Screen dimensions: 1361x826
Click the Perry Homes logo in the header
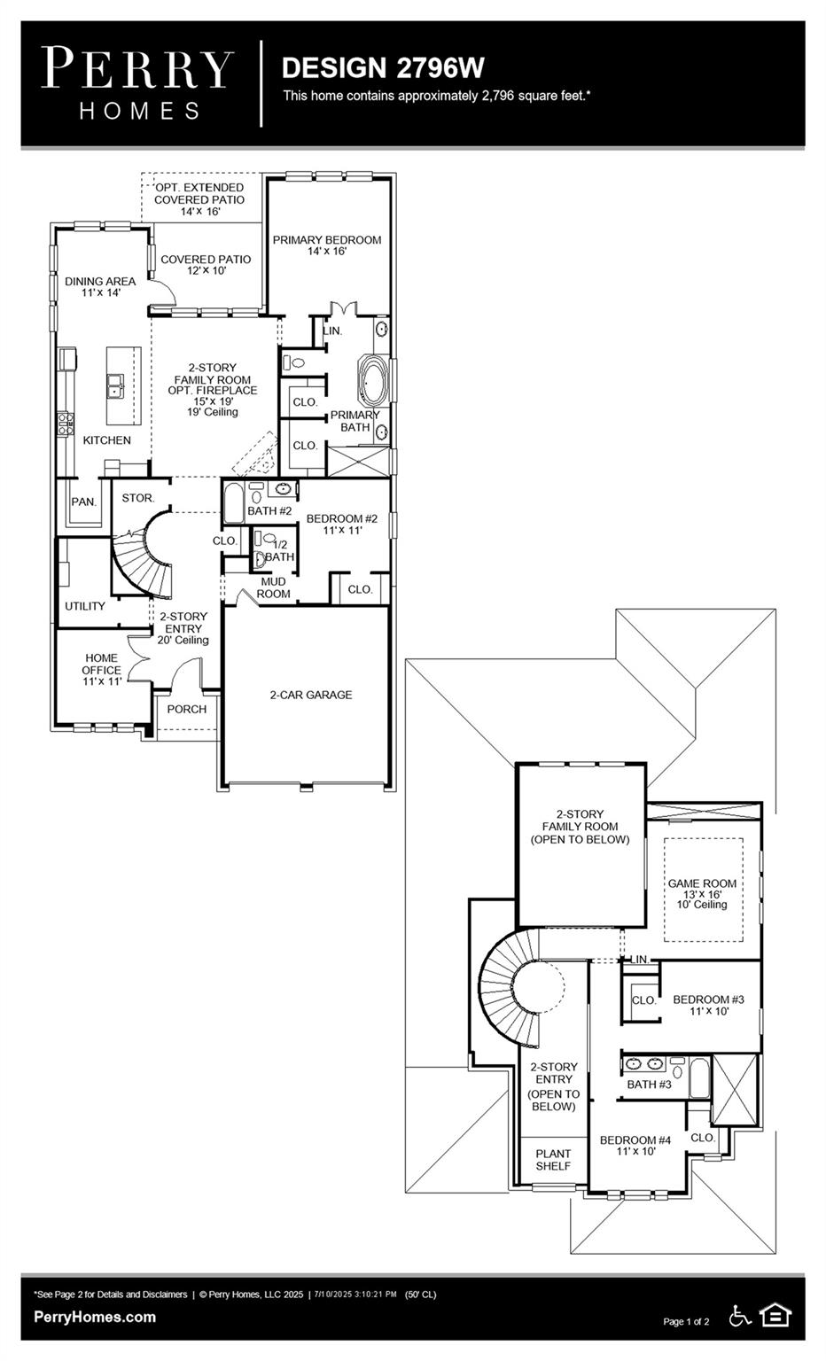pos(138,83)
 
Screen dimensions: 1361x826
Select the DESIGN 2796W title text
pos(383,67)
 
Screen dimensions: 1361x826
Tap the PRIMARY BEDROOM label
pos(327,240)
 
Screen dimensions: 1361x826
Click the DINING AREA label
pos(100,282)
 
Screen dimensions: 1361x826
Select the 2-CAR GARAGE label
pos(310,695)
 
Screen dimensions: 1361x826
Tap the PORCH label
pos(187,709)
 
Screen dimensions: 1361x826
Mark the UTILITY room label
pos(85,606)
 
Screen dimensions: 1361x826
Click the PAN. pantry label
pos(83,502)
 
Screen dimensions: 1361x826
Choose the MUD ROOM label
pos(273,587)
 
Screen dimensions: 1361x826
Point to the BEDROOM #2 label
pos(342,518)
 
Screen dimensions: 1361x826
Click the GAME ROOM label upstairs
pos(702,883)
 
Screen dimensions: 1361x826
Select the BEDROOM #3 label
pos(708,999)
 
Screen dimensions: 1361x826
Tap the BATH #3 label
pos(650,1085)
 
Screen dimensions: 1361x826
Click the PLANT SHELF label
pos(553,1160)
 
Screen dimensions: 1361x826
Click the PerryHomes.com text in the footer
pos(95,1317)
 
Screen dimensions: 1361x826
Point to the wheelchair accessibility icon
pos(740,1316)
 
